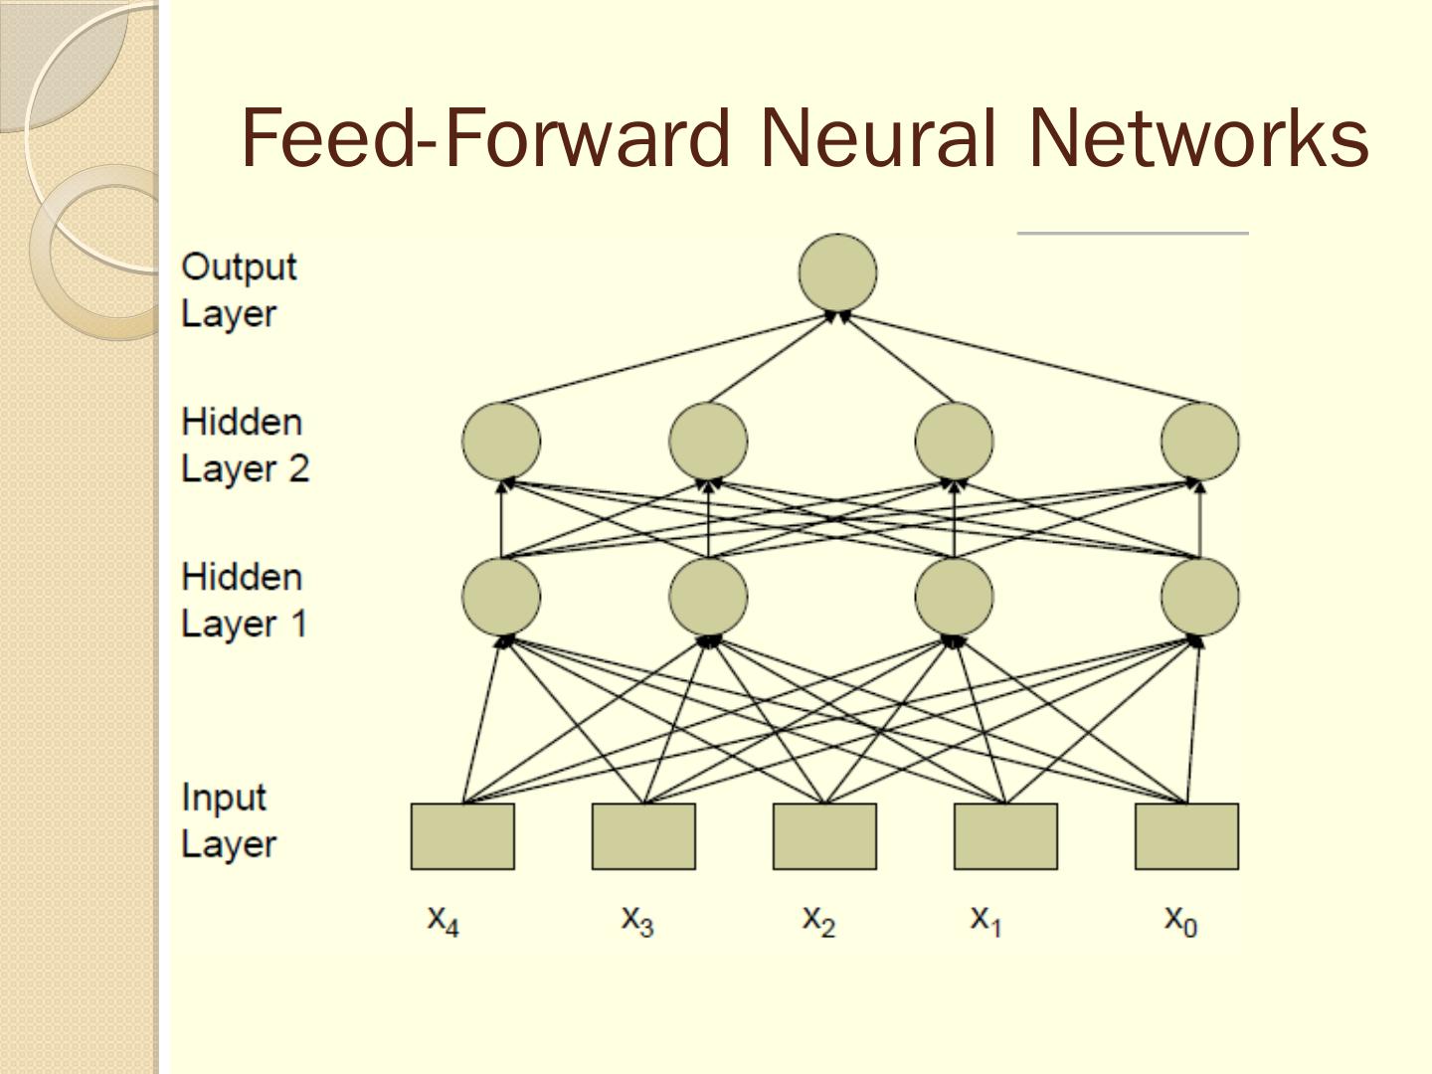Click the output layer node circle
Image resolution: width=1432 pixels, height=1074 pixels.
[x=837, y=272]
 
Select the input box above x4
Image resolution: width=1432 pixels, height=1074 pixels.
[x=462, y=836]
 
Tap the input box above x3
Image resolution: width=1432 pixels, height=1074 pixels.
[x=644, y=836]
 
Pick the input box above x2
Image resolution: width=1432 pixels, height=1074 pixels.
[x=824, y=836]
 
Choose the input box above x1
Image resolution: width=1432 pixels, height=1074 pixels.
[x=1006, y=836]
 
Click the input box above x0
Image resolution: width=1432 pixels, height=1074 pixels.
[x=1186, y=836]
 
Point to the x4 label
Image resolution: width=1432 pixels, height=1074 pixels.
[x=443, y=921]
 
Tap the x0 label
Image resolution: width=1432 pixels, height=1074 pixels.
[x=1180, y=921]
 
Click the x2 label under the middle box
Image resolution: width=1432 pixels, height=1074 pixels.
[x=818, y=921]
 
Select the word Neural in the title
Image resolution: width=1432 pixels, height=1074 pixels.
[x=878, y=138]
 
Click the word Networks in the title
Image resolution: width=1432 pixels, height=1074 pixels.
[x=1197, y=138]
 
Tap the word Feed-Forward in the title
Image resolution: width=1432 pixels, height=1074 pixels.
[x=485, y=138]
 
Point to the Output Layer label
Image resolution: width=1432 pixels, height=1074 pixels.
[x=239, y=290]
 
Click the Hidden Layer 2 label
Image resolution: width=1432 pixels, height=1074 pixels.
[x=245, y=446]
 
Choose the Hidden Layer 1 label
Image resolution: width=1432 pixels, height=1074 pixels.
[x=244, y=601]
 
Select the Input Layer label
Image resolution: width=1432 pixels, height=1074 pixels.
[x=229, y=821]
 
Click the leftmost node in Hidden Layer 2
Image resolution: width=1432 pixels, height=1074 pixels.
[x=501, y=442]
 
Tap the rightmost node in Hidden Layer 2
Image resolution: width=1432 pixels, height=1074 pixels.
[x=1200, y=442]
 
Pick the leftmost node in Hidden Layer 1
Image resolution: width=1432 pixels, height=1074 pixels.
[x=501, y=597]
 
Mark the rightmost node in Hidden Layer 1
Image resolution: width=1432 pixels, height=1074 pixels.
[x=1200, y=597]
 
